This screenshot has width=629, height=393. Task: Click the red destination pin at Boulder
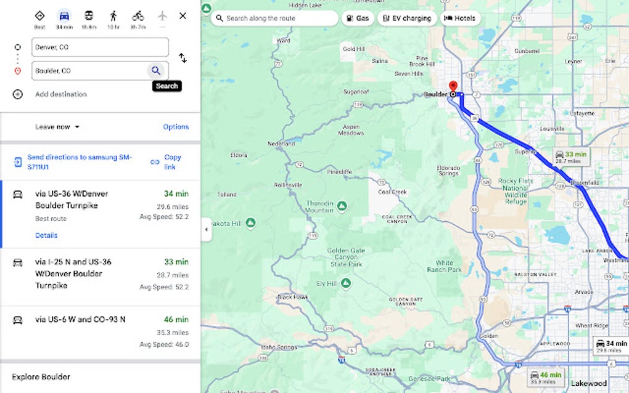click(453, 87)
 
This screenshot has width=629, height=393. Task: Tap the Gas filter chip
click(358, 18)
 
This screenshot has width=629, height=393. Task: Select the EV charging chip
click(407, 18)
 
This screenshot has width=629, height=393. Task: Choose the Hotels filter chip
click(460, 18)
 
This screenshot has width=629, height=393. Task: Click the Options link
click(176, 127)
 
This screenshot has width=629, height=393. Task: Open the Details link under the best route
click(46, 235)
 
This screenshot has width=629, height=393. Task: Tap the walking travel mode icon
click(113, 15)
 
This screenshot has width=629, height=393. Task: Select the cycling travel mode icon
click(138, 15)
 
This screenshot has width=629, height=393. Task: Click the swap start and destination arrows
click(183, 58)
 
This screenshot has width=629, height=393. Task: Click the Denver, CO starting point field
click(100, 47)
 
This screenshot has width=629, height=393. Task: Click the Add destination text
click(61, 94)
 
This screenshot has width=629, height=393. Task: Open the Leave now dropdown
click(58, 127)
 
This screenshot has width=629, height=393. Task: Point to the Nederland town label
click(281, 144)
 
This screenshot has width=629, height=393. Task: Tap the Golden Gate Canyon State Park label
click(346, 257)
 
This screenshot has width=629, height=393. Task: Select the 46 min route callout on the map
click(546, 376)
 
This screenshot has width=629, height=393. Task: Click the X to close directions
click(183, 15)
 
